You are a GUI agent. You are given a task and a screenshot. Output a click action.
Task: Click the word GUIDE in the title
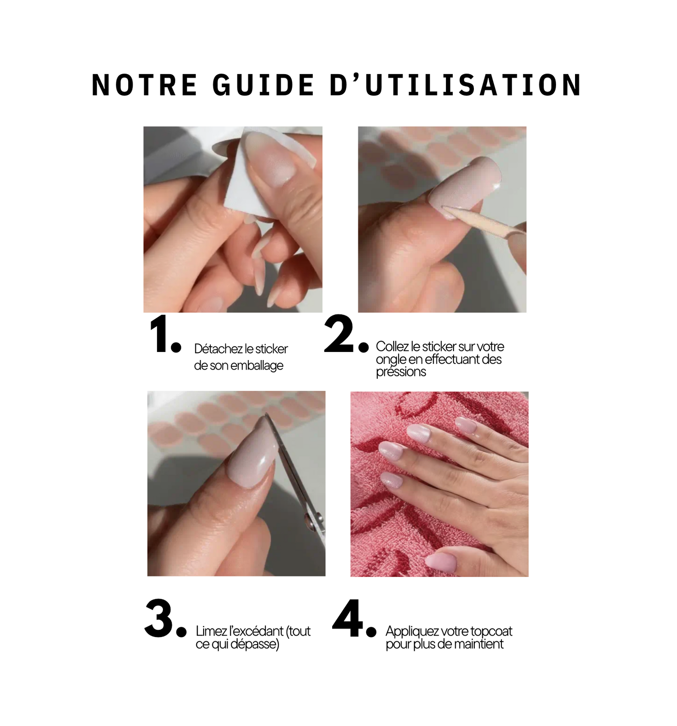pyautogui.click(x=264, y=85)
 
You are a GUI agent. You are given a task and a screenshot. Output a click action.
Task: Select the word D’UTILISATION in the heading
pyautogui.click(x=456, y=85)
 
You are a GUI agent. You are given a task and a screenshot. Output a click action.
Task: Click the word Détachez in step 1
pyautogui.click(x=218, y=349)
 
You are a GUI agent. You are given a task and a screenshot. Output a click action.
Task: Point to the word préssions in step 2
pyautogui.click(x=401, y=372)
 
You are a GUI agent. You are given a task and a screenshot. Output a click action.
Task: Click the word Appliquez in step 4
pyautogui.click(x=412, y=632)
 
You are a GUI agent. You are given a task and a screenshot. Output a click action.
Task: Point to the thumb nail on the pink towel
pyautogui.click(x=441, y=562)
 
